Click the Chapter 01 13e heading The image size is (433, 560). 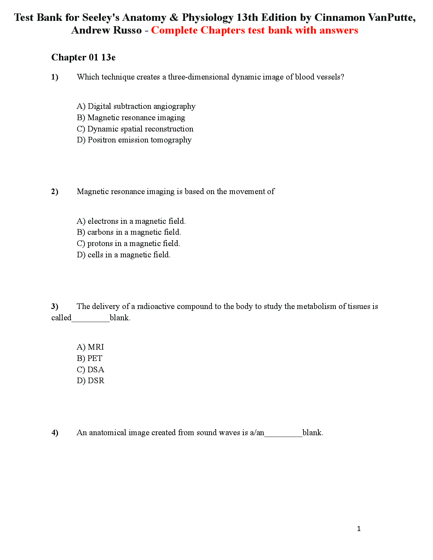(83, 57)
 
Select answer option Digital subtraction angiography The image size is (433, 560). (136, 106)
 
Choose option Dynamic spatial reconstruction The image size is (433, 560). (135, 129)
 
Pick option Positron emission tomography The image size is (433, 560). (134, 140)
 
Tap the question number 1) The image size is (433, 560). (54, 77)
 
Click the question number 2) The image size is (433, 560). (54, 192)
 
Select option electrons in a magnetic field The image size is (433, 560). (131, 221)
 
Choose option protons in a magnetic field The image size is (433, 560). (128, 244)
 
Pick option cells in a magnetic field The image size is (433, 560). (123, 255)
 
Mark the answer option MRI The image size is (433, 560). (90, 347)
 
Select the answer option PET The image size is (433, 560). (90, 358)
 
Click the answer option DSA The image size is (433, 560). (90, 370)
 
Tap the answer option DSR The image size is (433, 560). (90, 381)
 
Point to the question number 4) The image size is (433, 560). (54, 433)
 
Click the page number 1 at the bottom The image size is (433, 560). (359, 529)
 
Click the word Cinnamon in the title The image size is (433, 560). (340, 17)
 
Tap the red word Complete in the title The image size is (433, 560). (174, 30)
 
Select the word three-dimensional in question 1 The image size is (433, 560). (198, 77)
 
